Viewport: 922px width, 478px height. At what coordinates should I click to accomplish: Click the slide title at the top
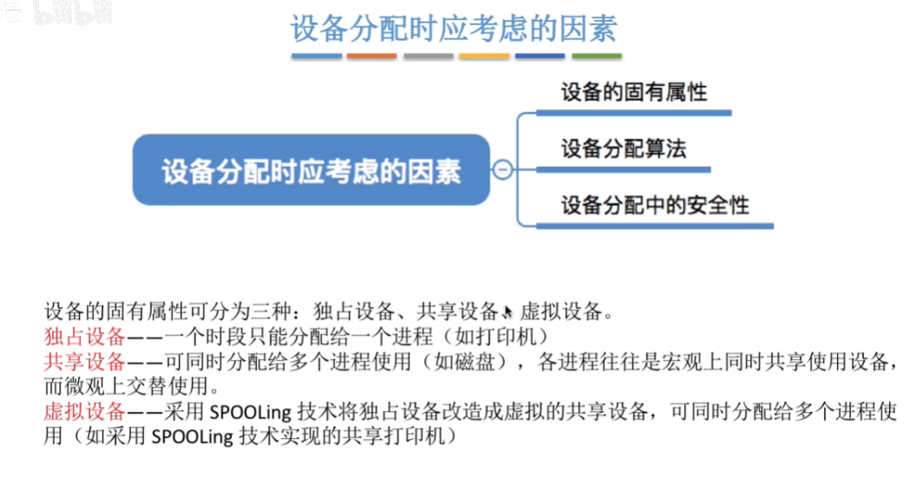click(453, 29)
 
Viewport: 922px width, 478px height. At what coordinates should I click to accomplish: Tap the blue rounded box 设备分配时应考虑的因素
click(311, 170)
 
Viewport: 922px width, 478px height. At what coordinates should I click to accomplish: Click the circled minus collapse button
click(502, 169)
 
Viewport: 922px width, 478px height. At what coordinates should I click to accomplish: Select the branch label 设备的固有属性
click(634, 92)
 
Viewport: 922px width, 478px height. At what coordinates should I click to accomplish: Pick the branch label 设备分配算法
click(623, 149)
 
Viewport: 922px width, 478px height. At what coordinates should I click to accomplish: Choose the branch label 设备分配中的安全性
click(655, 205)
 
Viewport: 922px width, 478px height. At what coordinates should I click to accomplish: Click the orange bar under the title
click(372, 56)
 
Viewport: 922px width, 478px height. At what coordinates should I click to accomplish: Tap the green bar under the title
click(596, 56)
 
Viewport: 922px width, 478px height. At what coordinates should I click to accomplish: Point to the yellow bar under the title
click(484, 56)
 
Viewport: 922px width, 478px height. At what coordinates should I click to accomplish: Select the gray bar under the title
click(428, 56)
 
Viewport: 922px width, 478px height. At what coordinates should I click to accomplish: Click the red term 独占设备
click(85, 336)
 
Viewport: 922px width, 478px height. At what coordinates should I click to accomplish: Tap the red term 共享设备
click(85, 362)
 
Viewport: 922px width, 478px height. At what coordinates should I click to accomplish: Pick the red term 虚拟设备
click(85, 411)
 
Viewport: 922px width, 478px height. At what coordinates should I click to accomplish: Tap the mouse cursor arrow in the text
click(508, 311)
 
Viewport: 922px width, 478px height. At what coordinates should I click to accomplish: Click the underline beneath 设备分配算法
click(623, 169)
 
